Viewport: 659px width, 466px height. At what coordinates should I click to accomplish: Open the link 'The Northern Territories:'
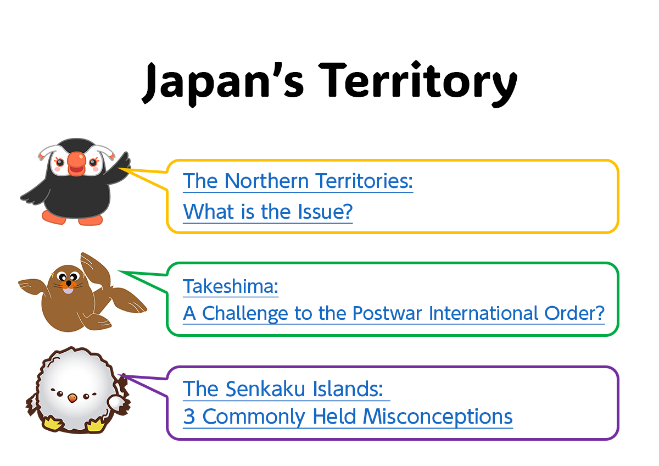pos(298,181)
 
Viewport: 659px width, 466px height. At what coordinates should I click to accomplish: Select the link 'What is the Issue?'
pos(267,211)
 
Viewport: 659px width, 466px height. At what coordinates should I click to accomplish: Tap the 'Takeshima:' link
pos(231,286)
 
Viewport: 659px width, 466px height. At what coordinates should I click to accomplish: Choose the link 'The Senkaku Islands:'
pos(283,389)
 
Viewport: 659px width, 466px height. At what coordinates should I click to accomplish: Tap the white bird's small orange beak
pos(71,397)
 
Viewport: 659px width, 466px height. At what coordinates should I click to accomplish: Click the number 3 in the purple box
pos(189,417)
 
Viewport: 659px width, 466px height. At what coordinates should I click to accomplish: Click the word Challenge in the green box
pos(247,313)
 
